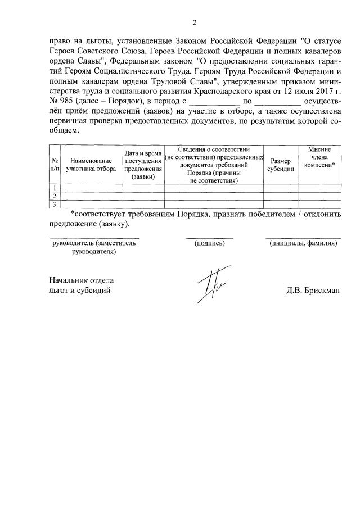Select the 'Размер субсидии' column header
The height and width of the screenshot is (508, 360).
[281, 165]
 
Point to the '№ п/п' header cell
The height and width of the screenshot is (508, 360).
[55, 164]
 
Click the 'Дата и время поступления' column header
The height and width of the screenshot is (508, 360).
[143, 165]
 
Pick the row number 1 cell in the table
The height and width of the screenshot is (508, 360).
[55, 188]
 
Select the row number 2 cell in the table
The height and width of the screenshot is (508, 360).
[55, 196]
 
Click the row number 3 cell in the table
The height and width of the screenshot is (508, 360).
[55, 204]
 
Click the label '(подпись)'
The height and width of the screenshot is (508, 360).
[209, 243]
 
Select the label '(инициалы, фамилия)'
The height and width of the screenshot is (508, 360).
[303, 243]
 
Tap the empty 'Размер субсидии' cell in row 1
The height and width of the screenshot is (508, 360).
[281, 188]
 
